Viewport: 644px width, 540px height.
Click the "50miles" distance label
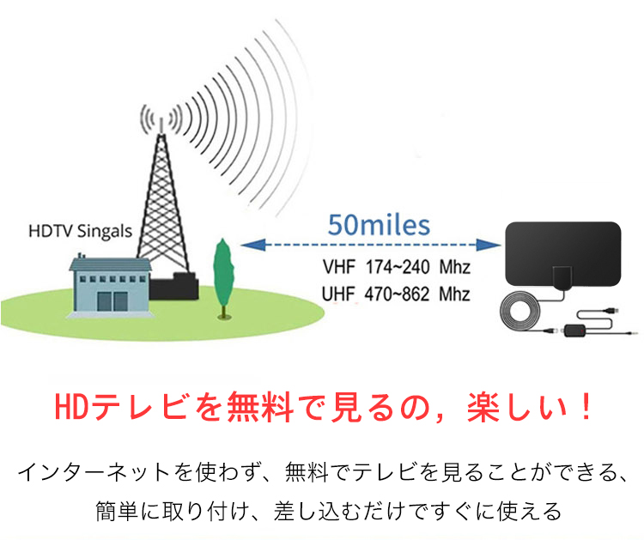click(x=379, y=225)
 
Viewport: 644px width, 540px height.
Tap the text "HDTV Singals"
click(x=81, y=232)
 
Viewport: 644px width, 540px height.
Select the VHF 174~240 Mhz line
click(x=397, y=267)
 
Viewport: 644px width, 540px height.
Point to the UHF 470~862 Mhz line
click(x=396, y=294)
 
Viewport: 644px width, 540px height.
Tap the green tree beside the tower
click(x=223, y=277)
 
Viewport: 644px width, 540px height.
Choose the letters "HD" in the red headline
click(x=71, y=407)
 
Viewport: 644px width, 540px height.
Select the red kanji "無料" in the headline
click(x=260, y=407)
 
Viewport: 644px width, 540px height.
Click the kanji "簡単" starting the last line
click(x=116, y=511)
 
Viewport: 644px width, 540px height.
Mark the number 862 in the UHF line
click(x=416, y=294)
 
